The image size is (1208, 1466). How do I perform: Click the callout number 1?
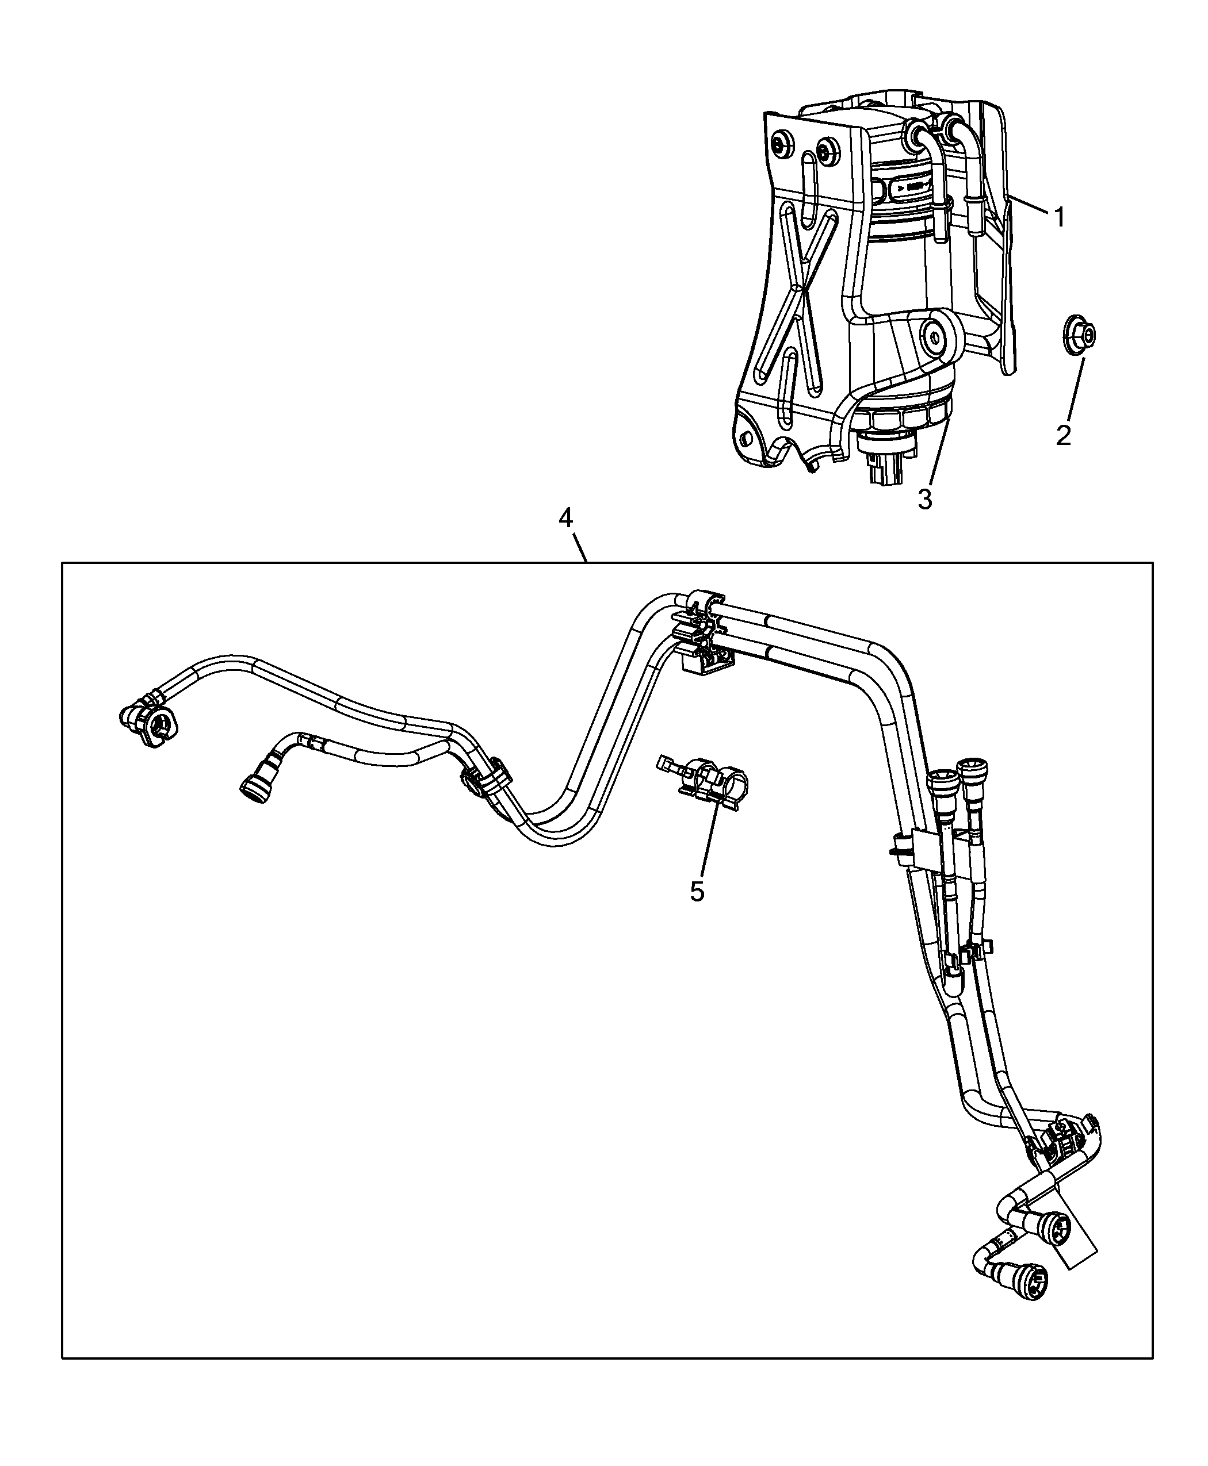1059,218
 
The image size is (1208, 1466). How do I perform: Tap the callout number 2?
1063,435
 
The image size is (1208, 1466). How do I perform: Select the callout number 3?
925,498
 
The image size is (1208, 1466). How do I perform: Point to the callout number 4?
565,517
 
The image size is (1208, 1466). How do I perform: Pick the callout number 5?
697,892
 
